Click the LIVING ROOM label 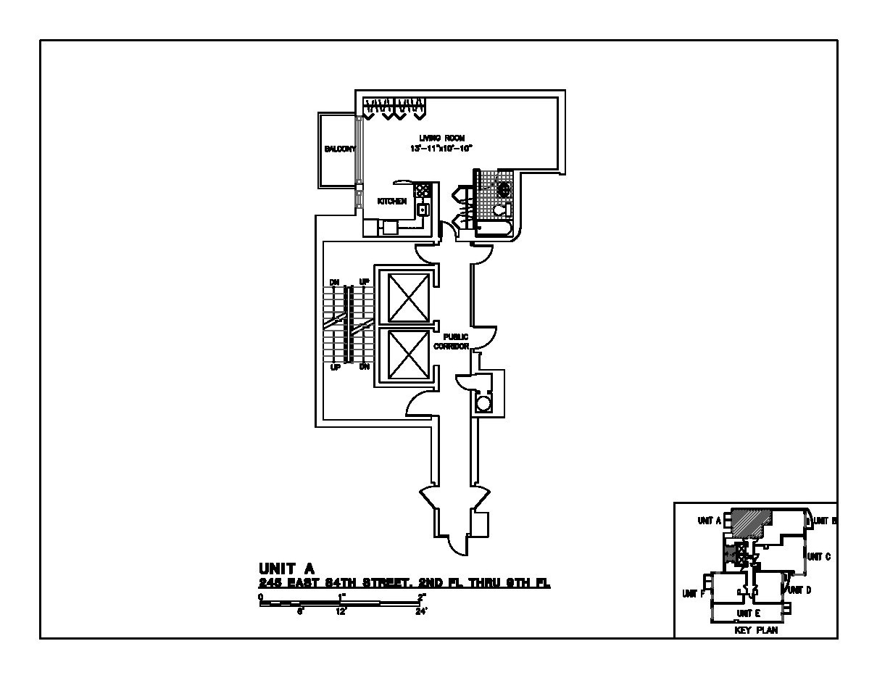click(x=441, y=138)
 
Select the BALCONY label click(x=339, y=149)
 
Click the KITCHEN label click(x=392, y=202)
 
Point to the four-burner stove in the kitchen click(x=423, y=191)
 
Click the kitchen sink click(x=423, y=210)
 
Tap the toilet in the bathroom click(x=502, y=210)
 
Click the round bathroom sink click(x=502, y=189)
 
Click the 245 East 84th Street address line click(x=404, y=583)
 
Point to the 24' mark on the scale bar click(x=422, y=611)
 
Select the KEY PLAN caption click(x=756, y=631)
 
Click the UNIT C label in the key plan click(x=818, y=556)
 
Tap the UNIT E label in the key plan click(x=748, y=613)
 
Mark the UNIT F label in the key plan click(x=694, y=593)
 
